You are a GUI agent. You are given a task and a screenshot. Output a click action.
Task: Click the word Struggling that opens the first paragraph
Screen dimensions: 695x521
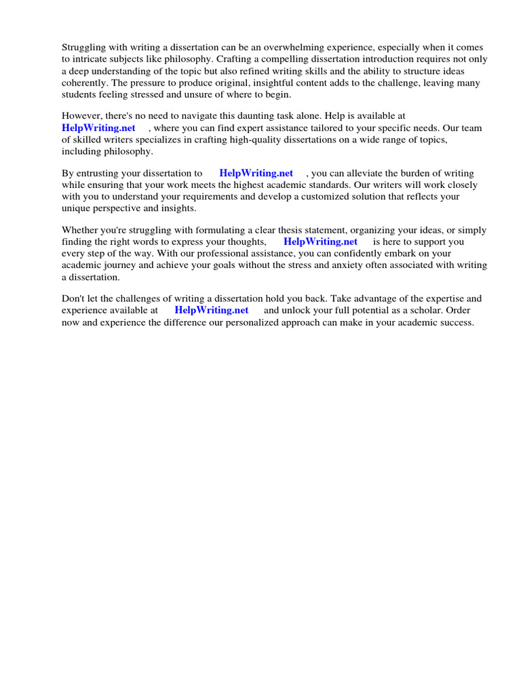(x=83, y=48)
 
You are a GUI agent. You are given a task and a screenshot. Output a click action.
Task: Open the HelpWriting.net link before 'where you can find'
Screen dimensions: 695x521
(x=98, y=128)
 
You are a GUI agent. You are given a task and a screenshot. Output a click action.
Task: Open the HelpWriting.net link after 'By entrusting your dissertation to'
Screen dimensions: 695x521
(x=256, y=173)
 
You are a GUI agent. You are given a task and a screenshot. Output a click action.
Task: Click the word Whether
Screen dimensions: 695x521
(x=81, y=230)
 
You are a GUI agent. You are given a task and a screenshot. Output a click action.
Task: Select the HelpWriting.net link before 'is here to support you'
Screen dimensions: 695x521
(x=320, y=242)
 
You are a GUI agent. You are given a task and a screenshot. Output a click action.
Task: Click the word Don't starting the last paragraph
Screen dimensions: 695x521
(x=74, y=298)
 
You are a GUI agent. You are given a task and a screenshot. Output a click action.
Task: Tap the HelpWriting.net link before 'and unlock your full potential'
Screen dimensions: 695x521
(x=212, y=309)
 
